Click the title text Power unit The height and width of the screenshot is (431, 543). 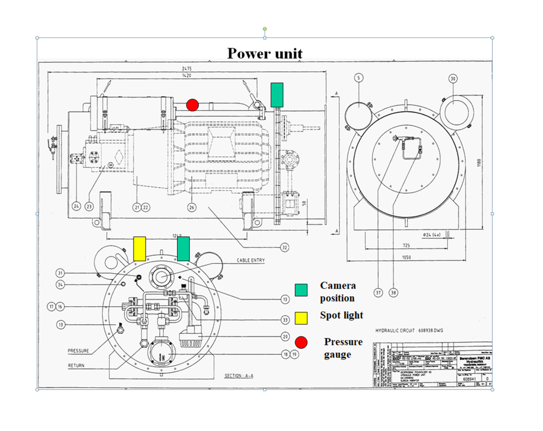click(265, 53)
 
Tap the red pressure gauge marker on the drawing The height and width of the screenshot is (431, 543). click(192, 105)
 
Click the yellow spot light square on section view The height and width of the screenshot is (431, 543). click(139, 248)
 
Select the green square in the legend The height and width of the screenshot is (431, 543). click(301, 290)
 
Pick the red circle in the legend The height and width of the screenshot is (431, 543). click(301, 342)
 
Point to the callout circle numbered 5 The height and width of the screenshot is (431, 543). click(358, 78)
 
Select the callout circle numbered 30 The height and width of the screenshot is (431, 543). click(453, 78)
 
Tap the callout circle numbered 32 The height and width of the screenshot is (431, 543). click(284, 247)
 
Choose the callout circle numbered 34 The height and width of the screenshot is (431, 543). click(61, 284)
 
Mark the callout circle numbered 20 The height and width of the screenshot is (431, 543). click(284, 336)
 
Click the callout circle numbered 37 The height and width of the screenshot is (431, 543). click(379, 293)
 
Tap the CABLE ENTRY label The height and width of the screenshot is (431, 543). click(250, 260)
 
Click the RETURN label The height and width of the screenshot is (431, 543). click(77, 365)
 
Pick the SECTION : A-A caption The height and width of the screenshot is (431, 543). click(238, 376)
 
